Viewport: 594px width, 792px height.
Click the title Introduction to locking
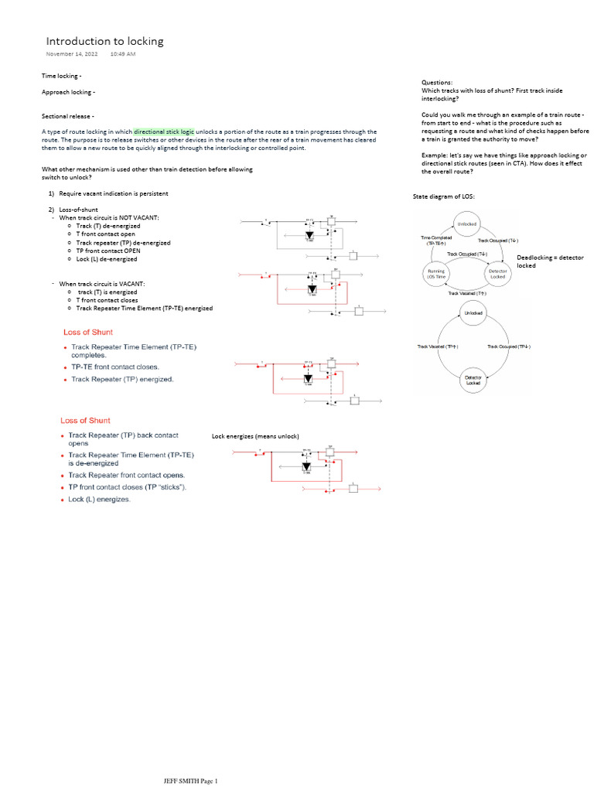point(104,41)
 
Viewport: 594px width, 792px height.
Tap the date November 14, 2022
point(72,54)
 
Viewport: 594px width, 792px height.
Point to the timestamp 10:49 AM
point(123,54)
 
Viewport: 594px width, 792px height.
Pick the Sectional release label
point(67,115)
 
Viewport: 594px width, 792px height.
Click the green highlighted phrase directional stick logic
point(165,131)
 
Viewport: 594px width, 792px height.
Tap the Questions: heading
point(437,82)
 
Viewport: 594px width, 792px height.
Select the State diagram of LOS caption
point(445,197)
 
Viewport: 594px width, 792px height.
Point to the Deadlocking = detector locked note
point(550,261)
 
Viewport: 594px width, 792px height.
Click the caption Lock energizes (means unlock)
point(255,436)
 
